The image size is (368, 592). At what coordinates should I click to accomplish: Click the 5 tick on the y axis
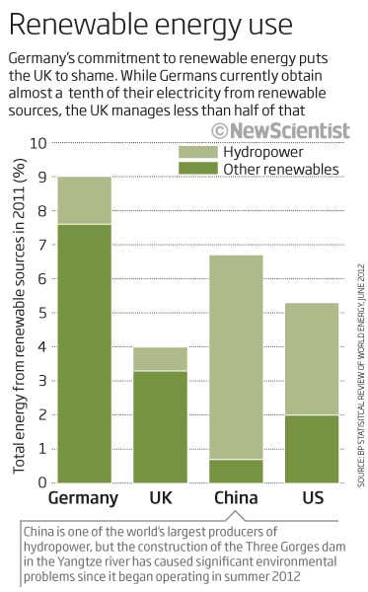click(41, 313)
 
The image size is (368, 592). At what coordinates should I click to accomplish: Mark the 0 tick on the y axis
click(41, 482)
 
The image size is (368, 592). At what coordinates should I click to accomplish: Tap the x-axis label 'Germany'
click(83, 498)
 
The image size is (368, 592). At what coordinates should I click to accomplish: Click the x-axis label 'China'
click(236, 498)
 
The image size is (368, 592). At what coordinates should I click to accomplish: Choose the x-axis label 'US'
click(312, 498)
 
